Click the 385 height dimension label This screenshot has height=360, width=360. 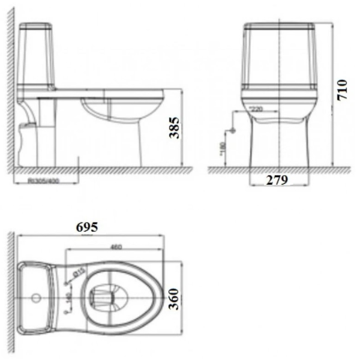(x=173, y=128)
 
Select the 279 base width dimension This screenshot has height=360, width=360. (x=278, y=179)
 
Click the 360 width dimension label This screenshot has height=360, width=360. (x=174, y=297)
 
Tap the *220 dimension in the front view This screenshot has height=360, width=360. (x=257, y=110)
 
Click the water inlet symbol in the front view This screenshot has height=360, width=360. (x=230, y=130)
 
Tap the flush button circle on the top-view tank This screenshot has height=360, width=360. (x=36, y=296)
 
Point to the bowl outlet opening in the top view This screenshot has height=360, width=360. (x=106, y=295)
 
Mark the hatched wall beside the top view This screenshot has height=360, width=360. (x=10, y=294)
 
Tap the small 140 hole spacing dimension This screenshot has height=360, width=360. (x=69, y=298)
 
